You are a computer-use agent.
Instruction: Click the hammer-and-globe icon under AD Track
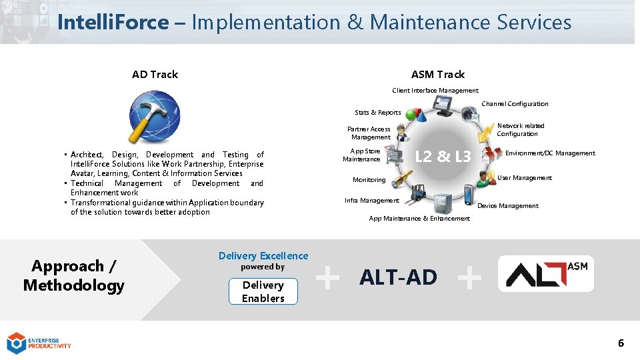pos(155,117)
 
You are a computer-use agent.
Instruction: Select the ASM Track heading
pos(438,74)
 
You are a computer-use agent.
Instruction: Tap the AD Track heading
pos(155,74)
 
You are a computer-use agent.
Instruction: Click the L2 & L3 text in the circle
pos(443,157)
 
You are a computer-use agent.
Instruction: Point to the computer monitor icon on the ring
pos(443,104)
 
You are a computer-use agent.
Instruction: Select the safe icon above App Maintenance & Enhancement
pos(442,203)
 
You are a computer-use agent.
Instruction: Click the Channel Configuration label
pos(515,104)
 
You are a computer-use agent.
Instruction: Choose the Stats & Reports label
pos(378,113)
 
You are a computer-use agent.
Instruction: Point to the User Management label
pos(525,178)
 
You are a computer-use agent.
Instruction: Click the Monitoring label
pos(369,180)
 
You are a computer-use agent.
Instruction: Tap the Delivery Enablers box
pos(263,291)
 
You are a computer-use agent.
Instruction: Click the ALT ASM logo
pos(546,274)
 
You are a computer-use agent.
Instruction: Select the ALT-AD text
pos(398,277)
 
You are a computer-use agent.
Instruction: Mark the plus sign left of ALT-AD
pos(327,277)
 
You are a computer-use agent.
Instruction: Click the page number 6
pos(621,343)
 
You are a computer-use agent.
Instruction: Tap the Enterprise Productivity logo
pos(39,343)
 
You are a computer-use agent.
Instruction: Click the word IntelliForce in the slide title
pos(113,23)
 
